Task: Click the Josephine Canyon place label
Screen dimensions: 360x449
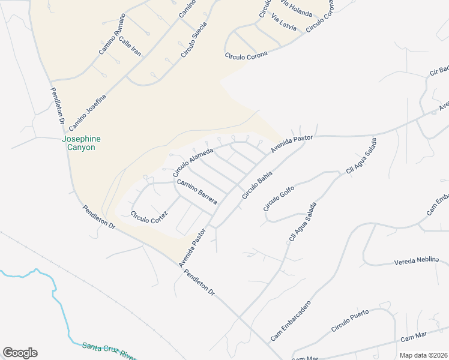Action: [81, 143]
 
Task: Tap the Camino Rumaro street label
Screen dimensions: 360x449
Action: [112, 34]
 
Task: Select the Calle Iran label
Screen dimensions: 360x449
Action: [130, 46]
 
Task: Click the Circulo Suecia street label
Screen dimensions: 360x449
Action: [194, 40]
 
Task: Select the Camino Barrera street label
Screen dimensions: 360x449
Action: [196, 191]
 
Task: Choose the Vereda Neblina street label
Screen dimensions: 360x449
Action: [421, 262]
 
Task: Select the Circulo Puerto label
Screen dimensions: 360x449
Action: [354, 320]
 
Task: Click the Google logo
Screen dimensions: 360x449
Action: [20, 353]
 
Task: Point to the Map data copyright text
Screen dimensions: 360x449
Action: [423, 355]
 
